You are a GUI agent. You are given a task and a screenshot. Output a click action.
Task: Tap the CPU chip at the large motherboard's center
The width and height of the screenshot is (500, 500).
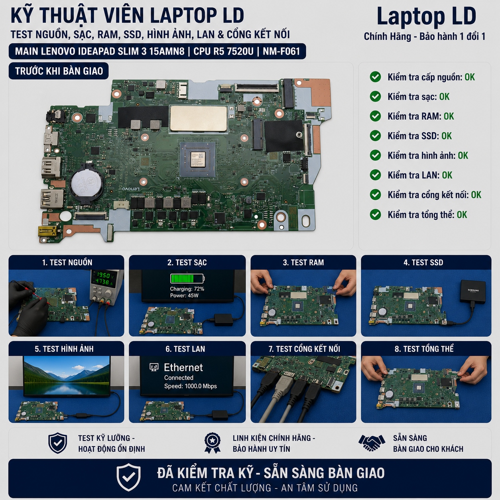coord(198,159)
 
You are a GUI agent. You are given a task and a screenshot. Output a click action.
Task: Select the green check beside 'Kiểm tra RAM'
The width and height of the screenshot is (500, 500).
coord(375,116)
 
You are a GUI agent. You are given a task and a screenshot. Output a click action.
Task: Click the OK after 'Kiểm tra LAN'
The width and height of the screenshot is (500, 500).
coord(447,175)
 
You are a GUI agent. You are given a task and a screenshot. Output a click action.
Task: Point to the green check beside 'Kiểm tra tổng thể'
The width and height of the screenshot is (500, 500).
coord(375,215)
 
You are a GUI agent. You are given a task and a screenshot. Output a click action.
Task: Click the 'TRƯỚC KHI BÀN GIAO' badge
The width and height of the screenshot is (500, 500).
coord(59,71)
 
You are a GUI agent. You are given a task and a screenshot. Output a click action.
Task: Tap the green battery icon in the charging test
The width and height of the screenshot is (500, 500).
coord(187,278)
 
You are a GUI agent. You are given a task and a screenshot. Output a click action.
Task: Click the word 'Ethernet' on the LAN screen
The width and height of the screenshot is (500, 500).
coord(183,367)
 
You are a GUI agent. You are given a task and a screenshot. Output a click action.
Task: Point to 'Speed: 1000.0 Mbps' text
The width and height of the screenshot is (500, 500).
coord(191,386)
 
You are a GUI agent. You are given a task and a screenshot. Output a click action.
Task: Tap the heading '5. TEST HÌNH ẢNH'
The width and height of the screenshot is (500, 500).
coord(64,349)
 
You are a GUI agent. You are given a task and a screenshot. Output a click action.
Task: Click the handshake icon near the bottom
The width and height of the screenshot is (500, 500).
coord(372,443)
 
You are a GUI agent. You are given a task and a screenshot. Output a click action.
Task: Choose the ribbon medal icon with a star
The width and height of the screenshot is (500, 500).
coord(213,443)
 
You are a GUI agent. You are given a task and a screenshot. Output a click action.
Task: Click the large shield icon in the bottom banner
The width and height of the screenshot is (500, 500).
coord(128,477)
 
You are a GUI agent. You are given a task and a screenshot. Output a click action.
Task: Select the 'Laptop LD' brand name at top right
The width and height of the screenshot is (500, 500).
coord(426,17)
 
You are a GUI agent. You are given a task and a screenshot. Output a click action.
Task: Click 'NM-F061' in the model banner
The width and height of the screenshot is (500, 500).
coord(281,51)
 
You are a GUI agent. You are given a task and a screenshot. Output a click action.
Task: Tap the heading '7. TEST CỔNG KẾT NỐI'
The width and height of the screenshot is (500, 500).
coord(304,349)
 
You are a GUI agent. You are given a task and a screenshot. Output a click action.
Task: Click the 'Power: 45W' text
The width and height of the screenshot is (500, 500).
coord(184,295)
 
